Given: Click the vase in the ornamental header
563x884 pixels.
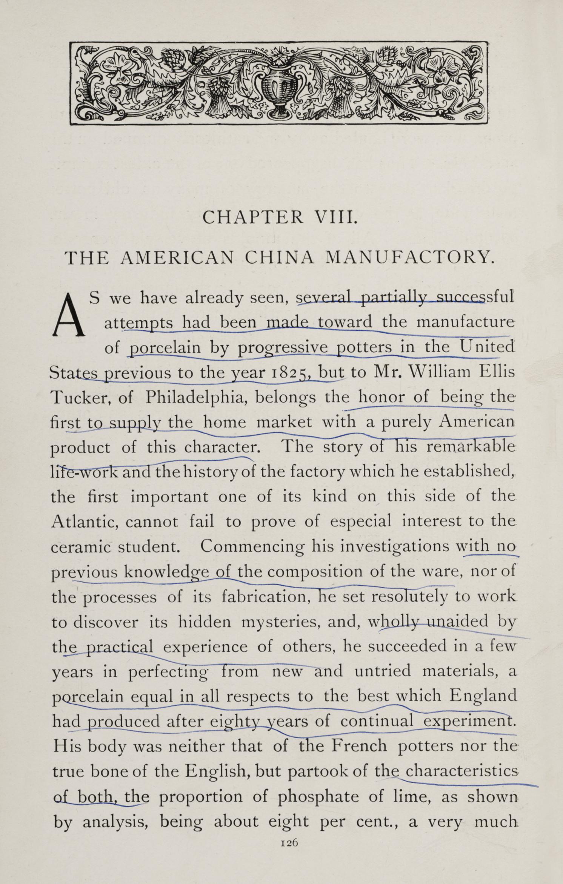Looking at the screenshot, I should coord(280,89).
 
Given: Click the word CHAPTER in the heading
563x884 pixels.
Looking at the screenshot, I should coord(253,218).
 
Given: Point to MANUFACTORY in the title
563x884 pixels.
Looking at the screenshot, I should coord(409,258).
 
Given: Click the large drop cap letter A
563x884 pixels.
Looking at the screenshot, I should coord(68,315).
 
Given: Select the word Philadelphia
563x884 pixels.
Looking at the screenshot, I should coord(196,397).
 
